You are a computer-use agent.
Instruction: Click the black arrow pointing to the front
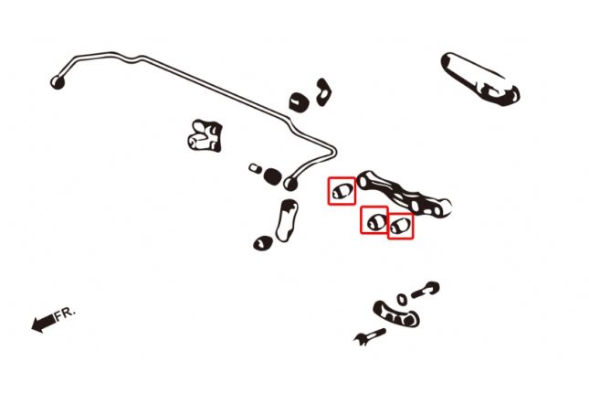[43, 323]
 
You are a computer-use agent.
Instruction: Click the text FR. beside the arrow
[66, 314]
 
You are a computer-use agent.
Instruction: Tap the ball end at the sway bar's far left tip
[58, 82]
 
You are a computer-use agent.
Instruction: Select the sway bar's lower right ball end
[290, 184]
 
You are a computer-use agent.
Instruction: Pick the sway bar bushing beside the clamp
[299, 101]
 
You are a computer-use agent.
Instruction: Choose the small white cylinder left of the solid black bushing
[256, 168]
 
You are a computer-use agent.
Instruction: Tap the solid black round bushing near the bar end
[272, 176]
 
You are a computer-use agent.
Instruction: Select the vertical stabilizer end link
[287, 220]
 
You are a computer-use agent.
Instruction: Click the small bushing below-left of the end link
[263, 243]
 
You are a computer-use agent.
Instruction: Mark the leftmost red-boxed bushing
[342, 191]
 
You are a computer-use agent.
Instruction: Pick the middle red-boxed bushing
[374, 221]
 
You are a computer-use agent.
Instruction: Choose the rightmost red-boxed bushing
[400, 226]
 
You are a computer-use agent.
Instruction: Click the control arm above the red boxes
[404, 194]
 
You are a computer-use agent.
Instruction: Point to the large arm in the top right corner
[480, 79]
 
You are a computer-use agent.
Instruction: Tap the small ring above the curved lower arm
[402, 300]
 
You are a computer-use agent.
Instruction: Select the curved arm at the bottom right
[395, 314]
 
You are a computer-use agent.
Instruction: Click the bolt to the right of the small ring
[426, 290]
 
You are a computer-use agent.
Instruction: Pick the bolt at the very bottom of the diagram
[370, 335]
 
